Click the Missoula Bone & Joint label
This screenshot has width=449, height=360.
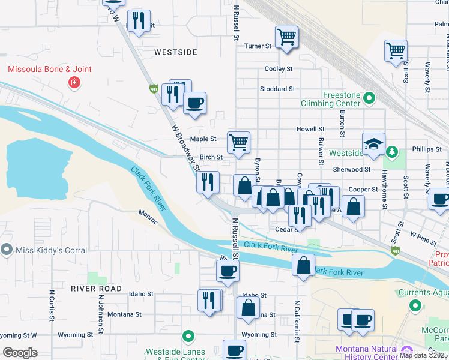(50, 69)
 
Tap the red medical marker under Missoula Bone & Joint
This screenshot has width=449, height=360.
(74, 82)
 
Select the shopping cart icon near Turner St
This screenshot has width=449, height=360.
(287, 37)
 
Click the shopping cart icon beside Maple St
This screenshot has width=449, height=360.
(238, 143)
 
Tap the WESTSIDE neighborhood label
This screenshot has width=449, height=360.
(175, 52)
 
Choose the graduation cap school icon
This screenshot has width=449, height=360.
(373, 144)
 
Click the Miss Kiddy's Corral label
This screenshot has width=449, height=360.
(49, 250)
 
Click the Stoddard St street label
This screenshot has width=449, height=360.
(277, 89)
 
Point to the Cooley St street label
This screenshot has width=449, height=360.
(279, 69)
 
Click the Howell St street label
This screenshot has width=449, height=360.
(310, 129)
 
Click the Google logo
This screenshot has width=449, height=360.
(20, 353)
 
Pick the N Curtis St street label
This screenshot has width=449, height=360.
(52, 306)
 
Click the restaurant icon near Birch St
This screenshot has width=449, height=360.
(208, 181)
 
